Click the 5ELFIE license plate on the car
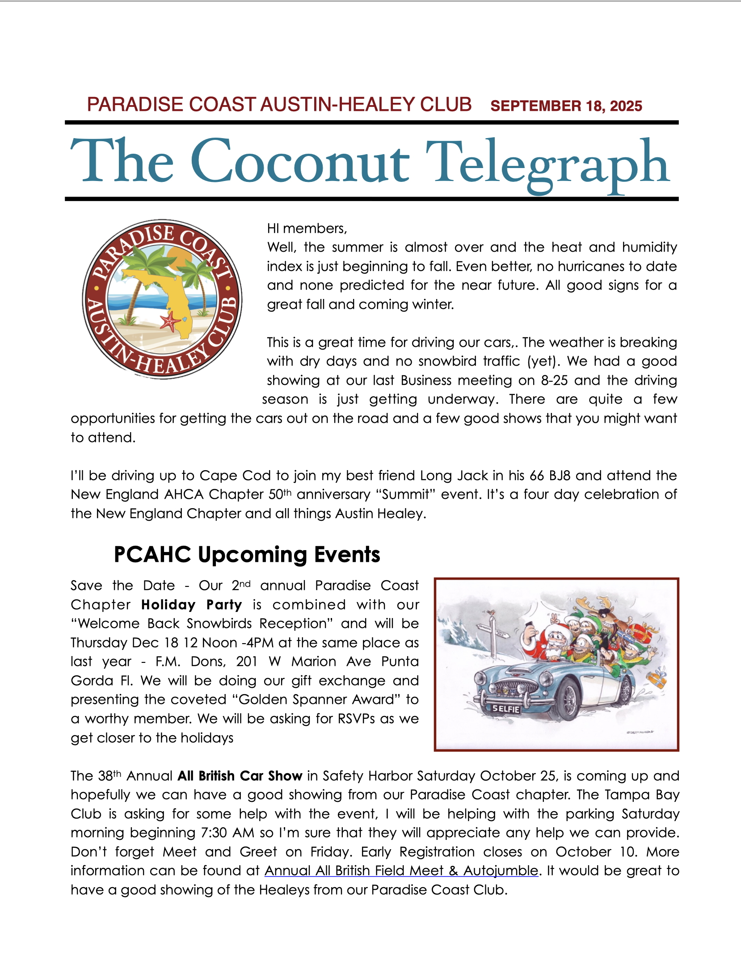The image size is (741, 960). point(506,708)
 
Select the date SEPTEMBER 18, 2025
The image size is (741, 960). point(566,106)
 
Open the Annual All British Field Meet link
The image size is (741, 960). point(401,871)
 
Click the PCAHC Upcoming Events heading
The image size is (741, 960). point(247,554)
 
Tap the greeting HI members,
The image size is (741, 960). point(307,228)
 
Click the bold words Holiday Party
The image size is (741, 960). point(191,605)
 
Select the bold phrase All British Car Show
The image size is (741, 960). point(240,776)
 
